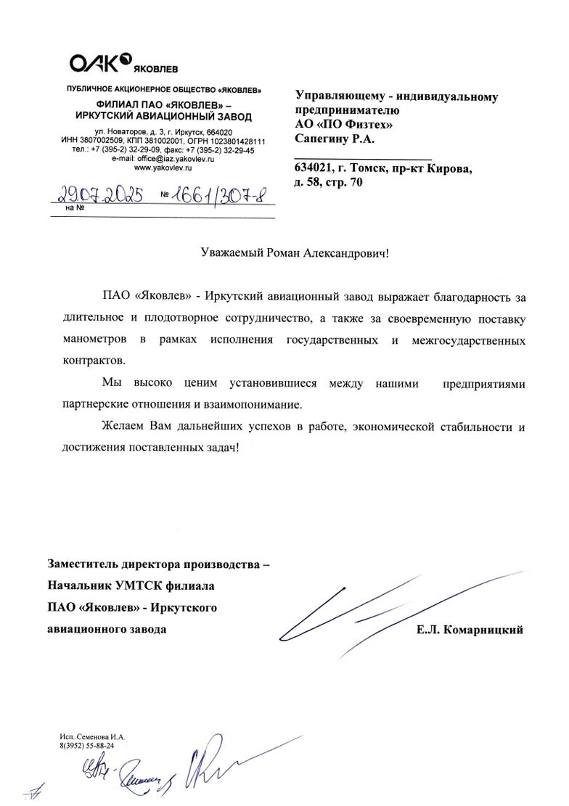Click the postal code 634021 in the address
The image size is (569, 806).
315,168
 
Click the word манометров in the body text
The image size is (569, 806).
90,339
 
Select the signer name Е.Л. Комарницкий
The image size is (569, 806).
470,630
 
